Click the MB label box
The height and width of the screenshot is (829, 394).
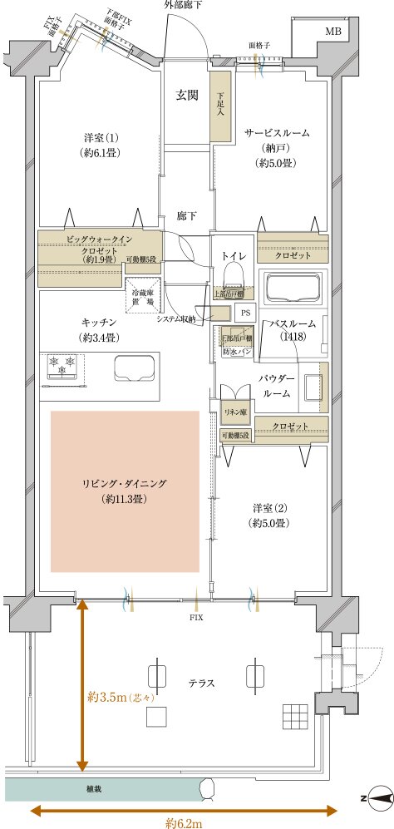(332, 32)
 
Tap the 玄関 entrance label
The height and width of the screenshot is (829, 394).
(186, 95)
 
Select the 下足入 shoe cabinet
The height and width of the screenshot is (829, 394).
(219, 104)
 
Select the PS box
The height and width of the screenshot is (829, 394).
(244, 312)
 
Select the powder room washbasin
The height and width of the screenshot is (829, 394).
(313, 386)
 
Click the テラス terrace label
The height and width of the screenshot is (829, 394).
(202, 683)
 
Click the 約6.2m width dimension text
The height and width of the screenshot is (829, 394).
(185, 823)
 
